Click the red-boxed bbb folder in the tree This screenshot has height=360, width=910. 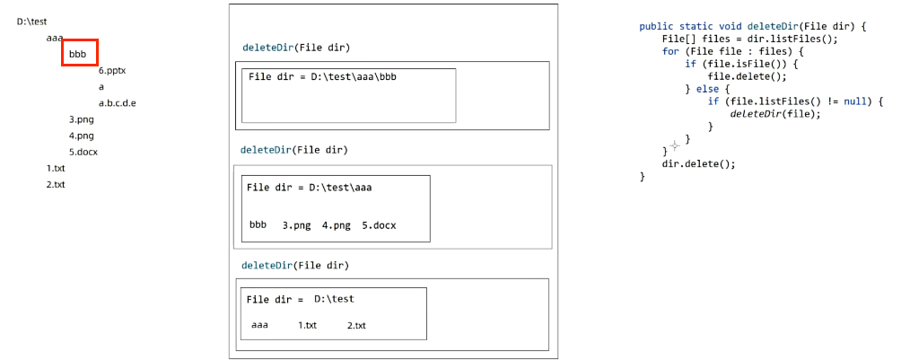click(79, 54)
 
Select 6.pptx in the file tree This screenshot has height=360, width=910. click(112, 70)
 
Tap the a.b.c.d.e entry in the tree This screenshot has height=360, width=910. click(117, 103)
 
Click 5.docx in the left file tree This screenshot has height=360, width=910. click(83, 152)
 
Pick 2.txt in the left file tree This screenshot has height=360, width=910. click(56, 185)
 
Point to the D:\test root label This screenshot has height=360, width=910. click(31, 21)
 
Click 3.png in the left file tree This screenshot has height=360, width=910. click(81, 119)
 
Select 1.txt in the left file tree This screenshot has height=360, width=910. click(56, 169)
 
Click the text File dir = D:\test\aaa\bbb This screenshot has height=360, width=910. click(322, 77)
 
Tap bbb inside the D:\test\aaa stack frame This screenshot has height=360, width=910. click(258, 225)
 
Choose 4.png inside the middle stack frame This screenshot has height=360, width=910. click(336, 225)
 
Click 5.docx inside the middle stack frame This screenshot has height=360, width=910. click(378, 225)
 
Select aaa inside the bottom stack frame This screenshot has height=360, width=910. click(259, 324)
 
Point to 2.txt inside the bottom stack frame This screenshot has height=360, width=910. click(356, 325)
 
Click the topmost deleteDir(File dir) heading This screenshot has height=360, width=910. click(296, 47)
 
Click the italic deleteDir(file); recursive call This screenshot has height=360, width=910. click(775, 114)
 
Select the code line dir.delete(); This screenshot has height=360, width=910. click(698, 164)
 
